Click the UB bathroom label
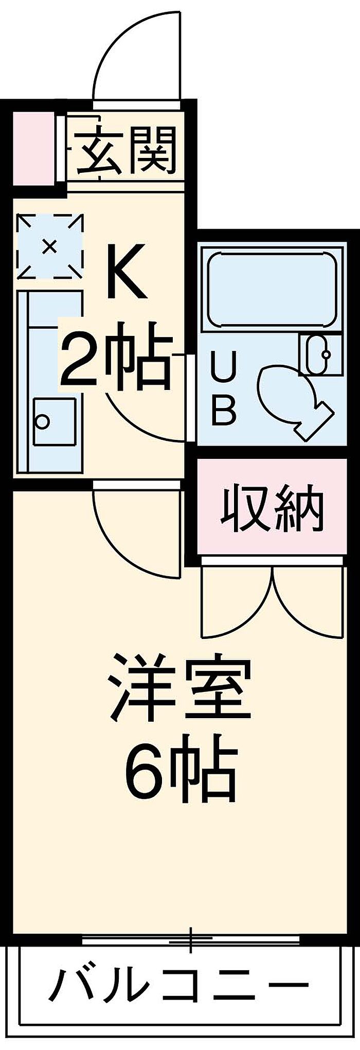[x=224, y=390]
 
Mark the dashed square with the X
[x=49, y=246]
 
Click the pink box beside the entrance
[x=32, y=149]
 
